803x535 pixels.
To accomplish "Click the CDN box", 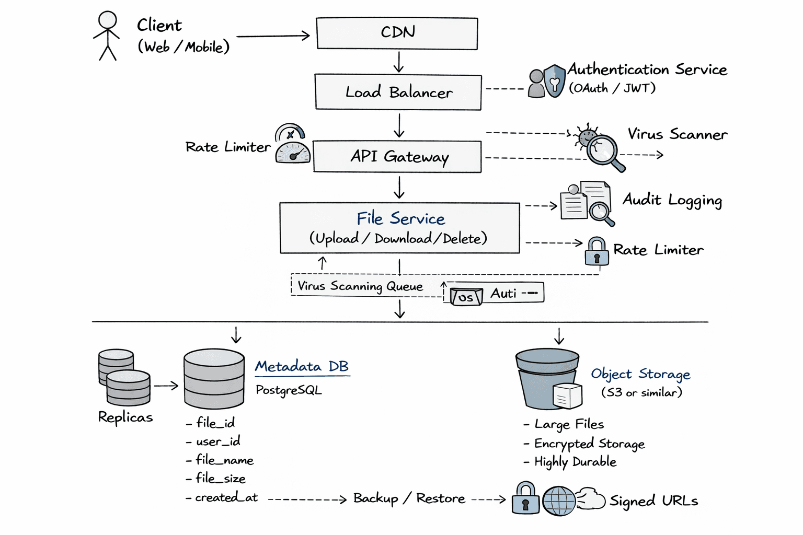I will pos(397,33).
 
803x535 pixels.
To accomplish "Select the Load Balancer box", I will pos(398,92).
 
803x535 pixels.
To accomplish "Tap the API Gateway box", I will pos(397,157).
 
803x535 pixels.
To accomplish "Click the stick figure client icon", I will pos(107,36).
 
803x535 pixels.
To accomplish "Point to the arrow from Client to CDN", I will pos(273,36).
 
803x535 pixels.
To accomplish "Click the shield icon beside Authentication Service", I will pos(554,81).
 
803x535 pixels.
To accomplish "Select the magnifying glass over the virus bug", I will pos(603,150).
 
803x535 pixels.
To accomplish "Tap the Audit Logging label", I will pos(672,200).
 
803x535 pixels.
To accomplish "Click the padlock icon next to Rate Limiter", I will pos(596,252).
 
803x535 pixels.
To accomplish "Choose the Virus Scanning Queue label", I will pos(360,286).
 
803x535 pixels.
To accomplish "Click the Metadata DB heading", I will pos(302,366).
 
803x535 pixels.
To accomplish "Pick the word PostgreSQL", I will pos(289,390).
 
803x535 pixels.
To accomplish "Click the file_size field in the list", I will pos(220,479).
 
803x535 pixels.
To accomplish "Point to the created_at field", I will pos(226,498).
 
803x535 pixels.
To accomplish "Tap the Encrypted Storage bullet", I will pos(589,444).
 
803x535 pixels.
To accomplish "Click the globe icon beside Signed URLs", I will pos(559,501).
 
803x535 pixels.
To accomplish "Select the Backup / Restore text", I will pos(409,498).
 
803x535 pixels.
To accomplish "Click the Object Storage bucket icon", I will pos(548,379).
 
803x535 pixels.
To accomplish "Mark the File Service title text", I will pos(400,218).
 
